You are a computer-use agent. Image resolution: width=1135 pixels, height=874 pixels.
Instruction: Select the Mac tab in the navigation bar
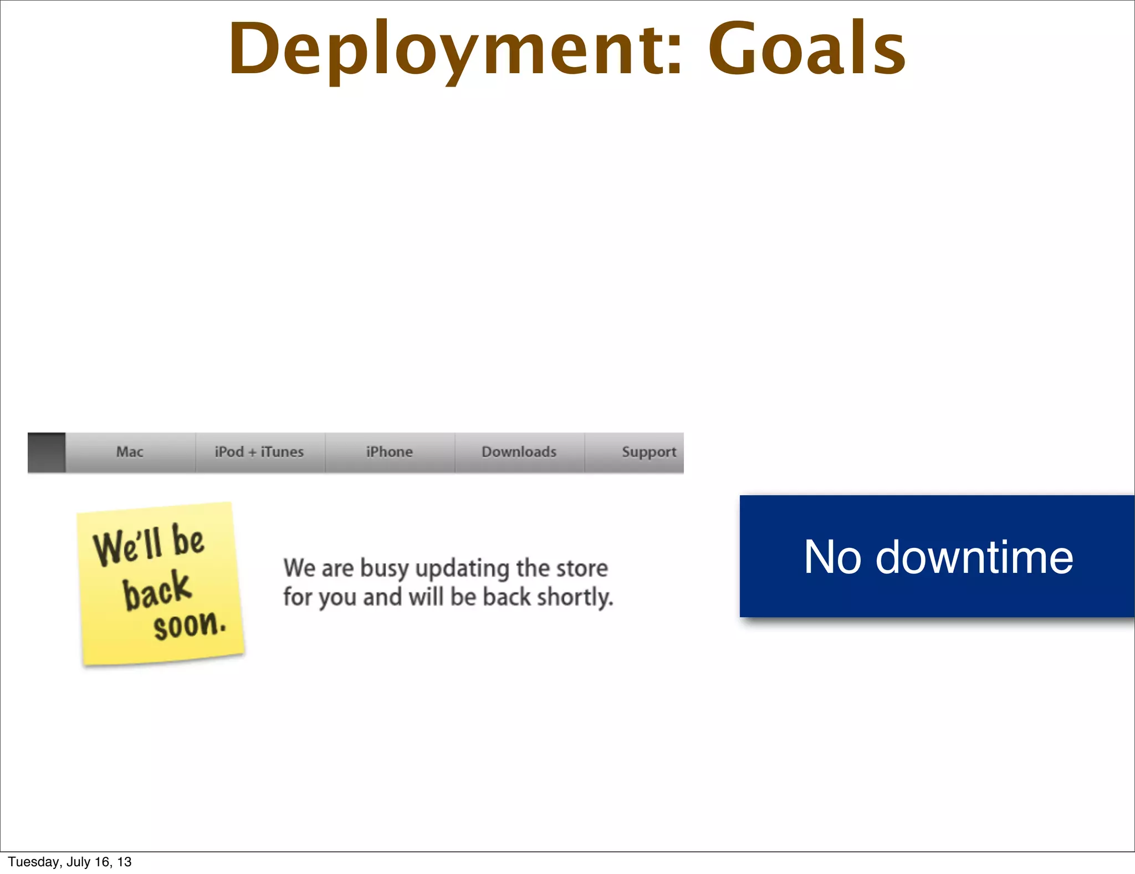pos(130,452)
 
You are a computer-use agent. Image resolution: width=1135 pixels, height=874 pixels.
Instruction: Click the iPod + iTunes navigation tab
pos(259,452)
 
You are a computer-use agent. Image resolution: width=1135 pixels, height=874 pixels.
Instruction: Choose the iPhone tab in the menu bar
pos(389,452)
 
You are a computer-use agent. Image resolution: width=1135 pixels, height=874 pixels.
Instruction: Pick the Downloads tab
pos(519,452)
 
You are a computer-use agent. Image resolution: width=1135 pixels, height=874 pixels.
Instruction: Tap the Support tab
pos(648,452)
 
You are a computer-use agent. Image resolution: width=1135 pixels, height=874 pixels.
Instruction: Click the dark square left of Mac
pos(47,453)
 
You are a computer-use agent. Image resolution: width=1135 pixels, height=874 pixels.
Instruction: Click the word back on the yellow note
pos(157,590)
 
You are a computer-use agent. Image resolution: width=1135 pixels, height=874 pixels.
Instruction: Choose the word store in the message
pos(581,568)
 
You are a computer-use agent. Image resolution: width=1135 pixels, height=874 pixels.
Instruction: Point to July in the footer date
pos(79,862)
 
